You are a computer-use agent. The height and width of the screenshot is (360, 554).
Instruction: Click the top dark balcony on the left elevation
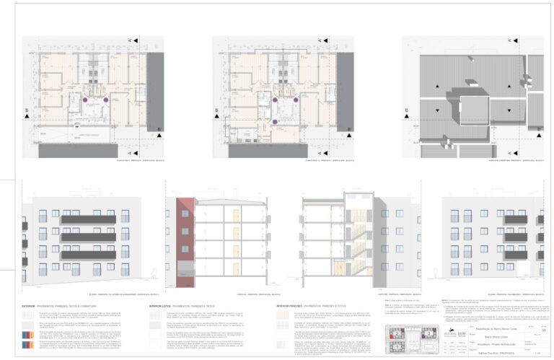88,219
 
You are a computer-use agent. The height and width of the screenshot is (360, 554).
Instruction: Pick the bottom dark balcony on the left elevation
88,255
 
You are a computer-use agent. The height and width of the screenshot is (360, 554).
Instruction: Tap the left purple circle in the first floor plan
84,100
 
